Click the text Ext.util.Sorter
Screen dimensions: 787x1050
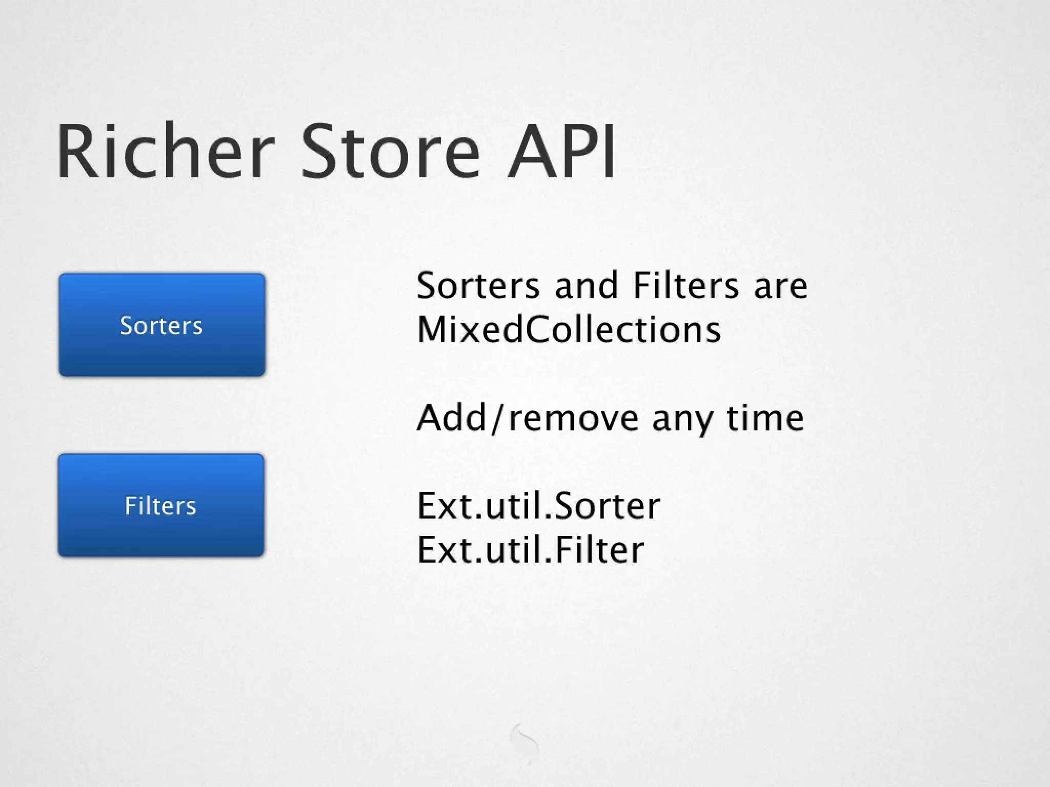point(538,506)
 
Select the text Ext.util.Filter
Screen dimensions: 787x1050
point(530,550)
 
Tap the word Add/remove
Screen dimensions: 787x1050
point(528,418)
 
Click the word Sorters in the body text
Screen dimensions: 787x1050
point(478,285)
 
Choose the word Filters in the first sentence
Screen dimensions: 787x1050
point(686,285)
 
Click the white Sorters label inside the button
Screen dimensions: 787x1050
point(161,325)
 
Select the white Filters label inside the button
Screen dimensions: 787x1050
point(160,506)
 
